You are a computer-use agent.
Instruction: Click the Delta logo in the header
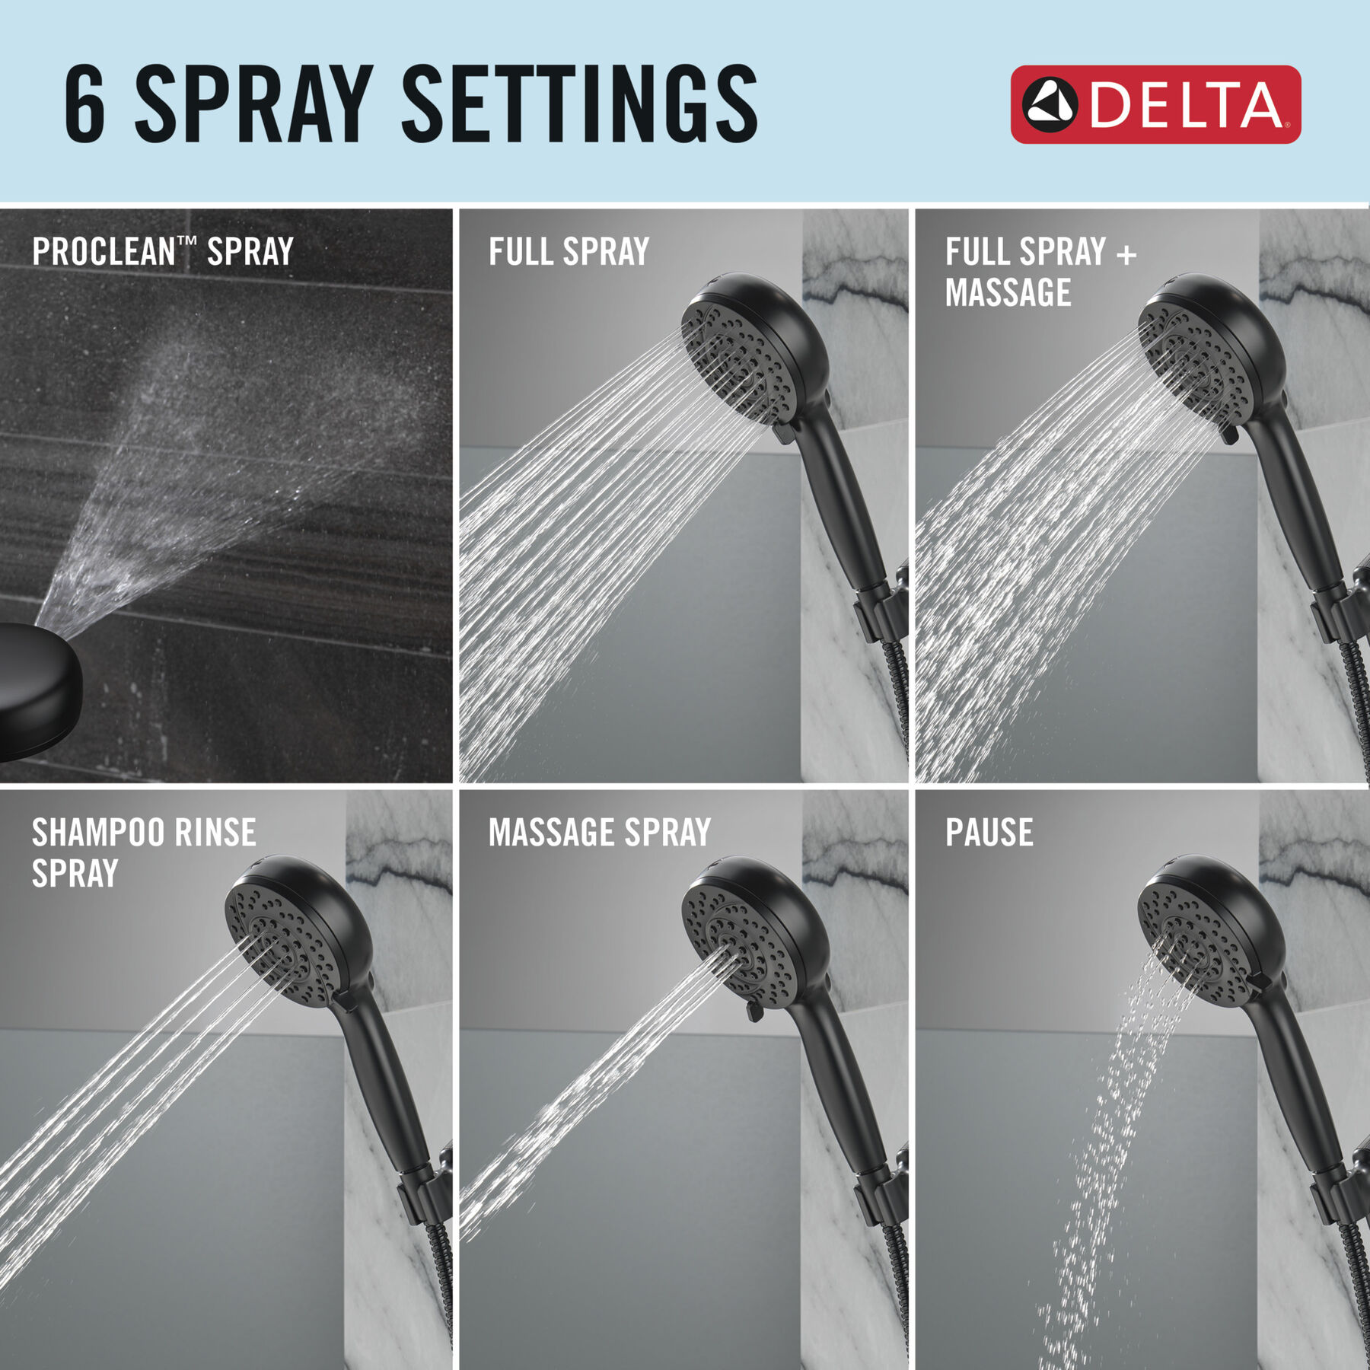pyautogui.click(x=1155, y=104)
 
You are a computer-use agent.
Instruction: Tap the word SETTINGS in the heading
pyautogui.click(x=578, y=104)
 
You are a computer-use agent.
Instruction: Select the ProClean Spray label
pyautogui.click(x=162, y=252)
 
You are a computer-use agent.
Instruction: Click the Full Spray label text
pyautogui.click(x=569, y=252)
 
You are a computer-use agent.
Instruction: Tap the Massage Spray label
pyautogui.click(x=599, y=833)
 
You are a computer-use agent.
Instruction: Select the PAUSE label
pyautogui.click(x=989, y=833)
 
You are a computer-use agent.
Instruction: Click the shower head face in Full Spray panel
pyautogui.click(x=734, y=358)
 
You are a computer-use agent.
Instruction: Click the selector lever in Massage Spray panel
pyautogui.click(x=753, y=1012)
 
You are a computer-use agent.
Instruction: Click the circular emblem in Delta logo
pyautogui.click(x=1049, y=104)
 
